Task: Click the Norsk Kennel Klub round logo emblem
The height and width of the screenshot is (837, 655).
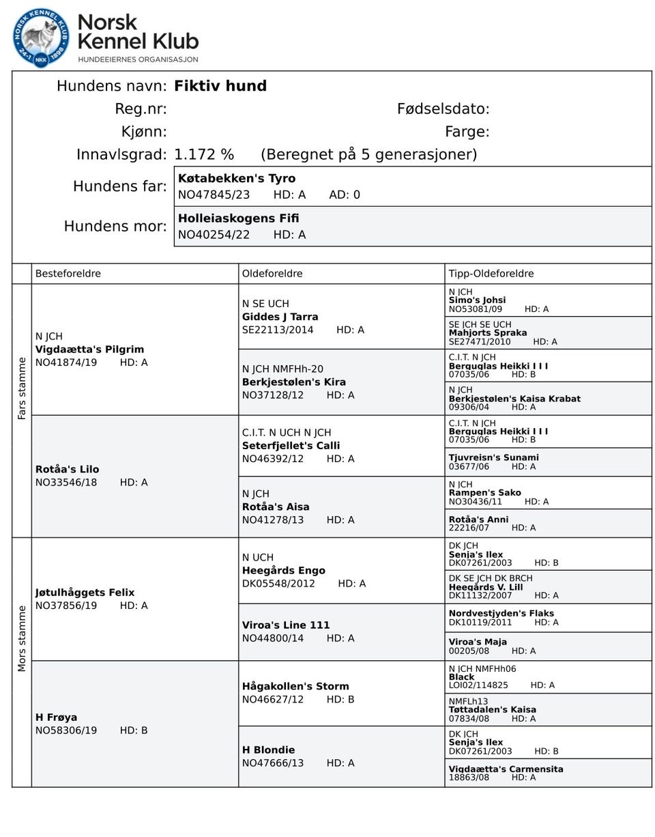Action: click(x=41, y=38)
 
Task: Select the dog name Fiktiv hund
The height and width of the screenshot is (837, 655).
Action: click(x=220, y=86)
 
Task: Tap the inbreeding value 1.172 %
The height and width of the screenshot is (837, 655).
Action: click(x=204, y=154)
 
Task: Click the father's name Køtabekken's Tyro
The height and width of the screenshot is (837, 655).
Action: click(x=237, y=178)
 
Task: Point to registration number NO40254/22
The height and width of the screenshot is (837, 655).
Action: click(x=214, y=235)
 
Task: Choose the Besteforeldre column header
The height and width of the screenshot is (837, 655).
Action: click(x=68, y=274)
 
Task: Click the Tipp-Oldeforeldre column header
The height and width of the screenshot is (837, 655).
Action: click(x=491, y=274)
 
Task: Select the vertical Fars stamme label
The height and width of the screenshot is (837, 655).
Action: click(x=22, y=388)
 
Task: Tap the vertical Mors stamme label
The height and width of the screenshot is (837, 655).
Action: click(x=22, y=638)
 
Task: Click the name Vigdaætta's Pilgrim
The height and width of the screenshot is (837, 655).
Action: click(x=89, y=350)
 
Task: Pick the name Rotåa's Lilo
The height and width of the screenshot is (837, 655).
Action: click(x=67, y=470)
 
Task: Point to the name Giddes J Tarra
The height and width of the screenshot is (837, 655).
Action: click(x=280, y=317)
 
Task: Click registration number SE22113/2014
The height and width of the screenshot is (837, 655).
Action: click(x=278, y=330)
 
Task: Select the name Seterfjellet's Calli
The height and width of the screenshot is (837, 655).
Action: click(x=291, y=446)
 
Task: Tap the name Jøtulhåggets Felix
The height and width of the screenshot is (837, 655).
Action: click(x=85, y=593)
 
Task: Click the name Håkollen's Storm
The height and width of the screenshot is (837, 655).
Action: click(x=295, y=686)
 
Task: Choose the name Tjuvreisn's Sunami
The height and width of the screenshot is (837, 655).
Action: click(x=493, y=457)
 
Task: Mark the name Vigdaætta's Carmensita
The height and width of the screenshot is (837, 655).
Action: click(x=506, y=769)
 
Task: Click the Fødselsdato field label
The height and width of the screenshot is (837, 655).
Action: click(x=443, y=109)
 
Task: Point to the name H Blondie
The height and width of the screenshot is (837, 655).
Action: click(x=268, y=750)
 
